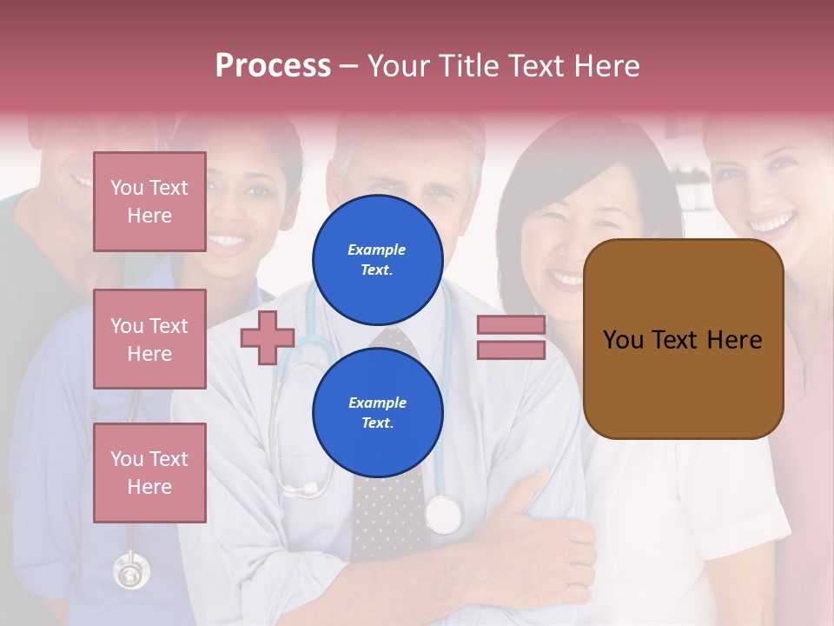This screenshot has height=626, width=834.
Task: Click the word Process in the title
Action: (x=273, y=66)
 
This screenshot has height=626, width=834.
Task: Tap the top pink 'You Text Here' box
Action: (x=149, y=202)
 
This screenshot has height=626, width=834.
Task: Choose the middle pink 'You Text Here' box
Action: (x=149, y=339)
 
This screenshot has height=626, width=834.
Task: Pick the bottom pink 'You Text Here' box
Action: (x=149, y=472)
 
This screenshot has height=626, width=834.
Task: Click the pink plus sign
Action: (x=268, y=337)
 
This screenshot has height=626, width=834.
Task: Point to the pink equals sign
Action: (x=511, y=337)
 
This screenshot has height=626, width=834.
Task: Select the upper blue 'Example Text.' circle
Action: (x=377, y=259)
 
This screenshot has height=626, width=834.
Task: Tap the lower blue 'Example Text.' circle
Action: (x=377, y=412)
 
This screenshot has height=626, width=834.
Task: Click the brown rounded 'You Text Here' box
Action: (x=683, y=339)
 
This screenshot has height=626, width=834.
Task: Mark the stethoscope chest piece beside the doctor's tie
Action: (x=444, y=515)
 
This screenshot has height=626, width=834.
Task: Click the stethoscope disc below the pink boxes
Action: (x=131, y=571)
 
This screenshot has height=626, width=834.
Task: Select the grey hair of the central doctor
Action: (x=408, y=139)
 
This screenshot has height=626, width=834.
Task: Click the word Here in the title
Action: (x=606, y=66)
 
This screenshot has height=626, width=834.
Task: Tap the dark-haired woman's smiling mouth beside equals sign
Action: (x=566, y=278)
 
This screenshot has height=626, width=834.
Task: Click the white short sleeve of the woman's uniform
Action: (x=738, y=513)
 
